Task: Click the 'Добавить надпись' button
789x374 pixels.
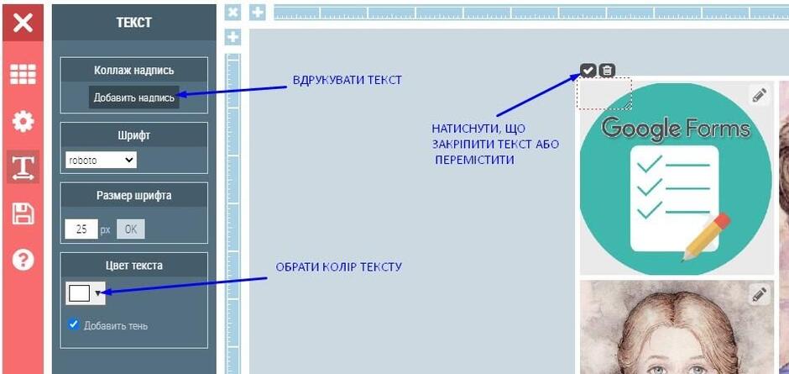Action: [133, 97]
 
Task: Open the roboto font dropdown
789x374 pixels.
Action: [101, 161]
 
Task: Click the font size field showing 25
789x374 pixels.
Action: [81, 229]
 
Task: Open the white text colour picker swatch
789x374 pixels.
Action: [86, 292]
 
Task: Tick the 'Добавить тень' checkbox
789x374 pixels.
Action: [74, 324]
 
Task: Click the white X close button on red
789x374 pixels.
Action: [24, 23]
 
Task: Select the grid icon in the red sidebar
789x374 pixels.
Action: [24, 75]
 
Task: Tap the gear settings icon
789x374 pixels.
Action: [24, 122]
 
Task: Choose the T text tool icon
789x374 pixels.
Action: [24, 166]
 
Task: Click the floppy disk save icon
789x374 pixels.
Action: [24, 213]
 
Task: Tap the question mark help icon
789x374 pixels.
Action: [24, 260]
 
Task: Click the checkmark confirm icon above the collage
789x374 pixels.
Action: [588, 71]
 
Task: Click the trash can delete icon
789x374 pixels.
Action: [608, 71]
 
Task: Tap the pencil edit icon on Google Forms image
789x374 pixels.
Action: [759, 95]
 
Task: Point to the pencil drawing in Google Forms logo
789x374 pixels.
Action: [705, 236]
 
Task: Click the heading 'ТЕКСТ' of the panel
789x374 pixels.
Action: [133, 23]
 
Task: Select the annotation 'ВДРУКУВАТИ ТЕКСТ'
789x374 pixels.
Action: [347, 80]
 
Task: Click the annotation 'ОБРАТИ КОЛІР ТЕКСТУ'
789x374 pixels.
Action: [338, 266]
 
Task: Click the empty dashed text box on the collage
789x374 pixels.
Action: [604, 93]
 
